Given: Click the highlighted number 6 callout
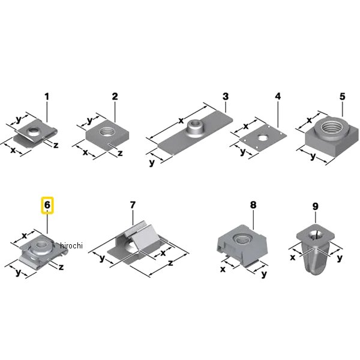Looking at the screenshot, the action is pos(47,205).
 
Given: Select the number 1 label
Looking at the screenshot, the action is pos(47,97).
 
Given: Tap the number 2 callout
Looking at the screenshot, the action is pos(115,96).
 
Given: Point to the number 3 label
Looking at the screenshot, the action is pos(226,96).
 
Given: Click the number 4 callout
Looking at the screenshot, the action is pos(278,96).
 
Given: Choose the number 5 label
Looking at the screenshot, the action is pos(343,97).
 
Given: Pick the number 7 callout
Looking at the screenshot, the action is pos(133,205).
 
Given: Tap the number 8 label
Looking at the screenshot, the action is pos(253,205).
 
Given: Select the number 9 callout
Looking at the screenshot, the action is pos(316,206).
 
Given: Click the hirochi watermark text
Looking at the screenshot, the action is pos(71,245).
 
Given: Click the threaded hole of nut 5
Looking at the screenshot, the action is pos(331,127).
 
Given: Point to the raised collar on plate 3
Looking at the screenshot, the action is pos(194,129).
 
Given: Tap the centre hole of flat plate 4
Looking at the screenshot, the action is pos(263,138).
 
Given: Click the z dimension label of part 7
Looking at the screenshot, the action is pos(170,263).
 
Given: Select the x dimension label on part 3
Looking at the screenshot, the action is pos(181,121).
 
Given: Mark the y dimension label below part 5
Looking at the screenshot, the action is pos(313,157).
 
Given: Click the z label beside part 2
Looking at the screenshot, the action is pos(120,153).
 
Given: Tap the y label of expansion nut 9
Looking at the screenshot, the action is pos(340,258).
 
